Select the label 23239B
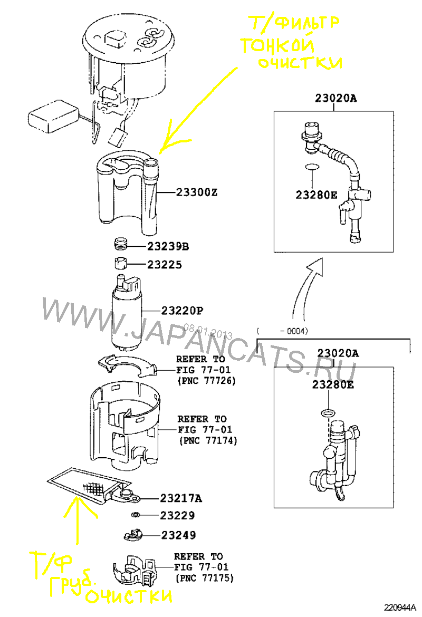168,246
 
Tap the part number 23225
164,265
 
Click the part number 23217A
181,498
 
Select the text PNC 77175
204,578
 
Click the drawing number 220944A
400,607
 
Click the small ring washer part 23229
135,515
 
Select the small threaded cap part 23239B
121,244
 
